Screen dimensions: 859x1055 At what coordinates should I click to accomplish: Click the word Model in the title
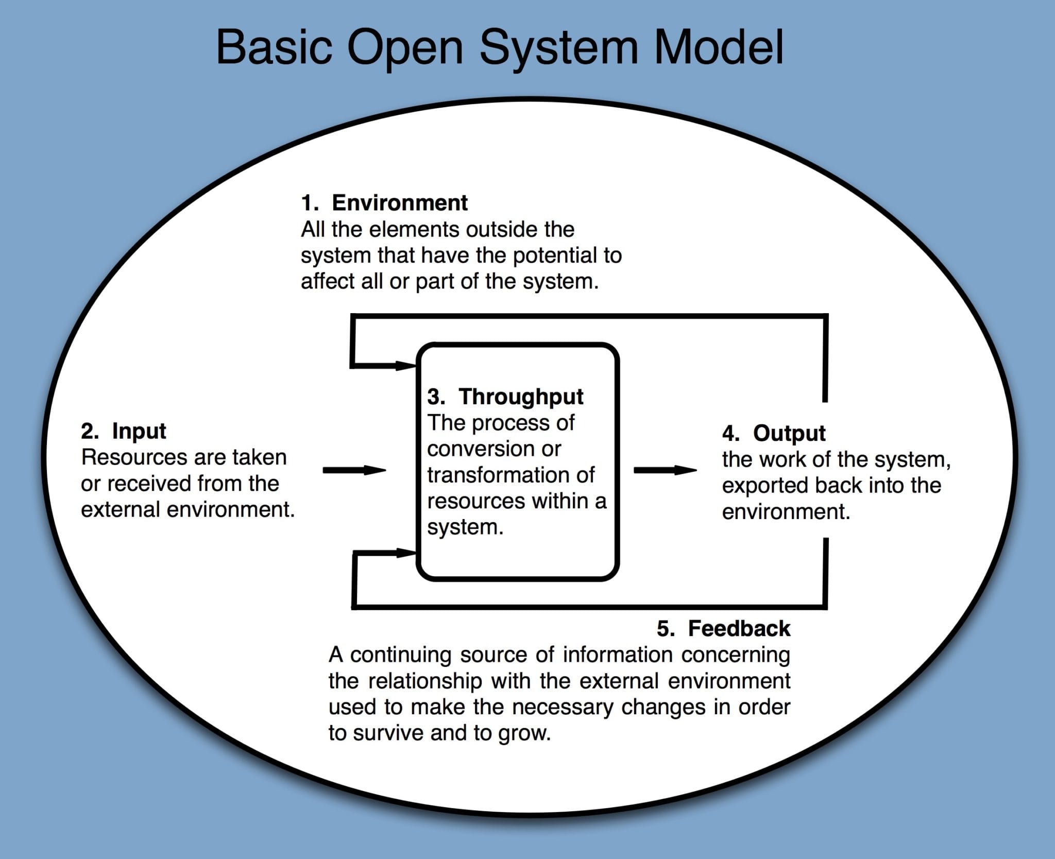[x=719, y=47]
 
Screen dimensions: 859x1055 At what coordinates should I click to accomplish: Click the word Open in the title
[x=405, y=47]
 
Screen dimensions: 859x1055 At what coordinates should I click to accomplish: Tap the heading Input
[x=139, y=431]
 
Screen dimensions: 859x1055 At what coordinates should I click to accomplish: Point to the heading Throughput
[x=521, y=397]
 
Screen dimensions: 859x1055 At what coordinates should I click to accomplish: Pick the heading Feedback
[x=739, y=629]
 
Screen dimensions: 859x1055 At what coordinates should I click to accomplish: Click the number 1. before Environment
[x=310, y=202]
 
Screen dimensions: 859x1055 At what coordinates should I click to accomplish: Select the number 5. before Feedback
[x=666, y=629]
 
